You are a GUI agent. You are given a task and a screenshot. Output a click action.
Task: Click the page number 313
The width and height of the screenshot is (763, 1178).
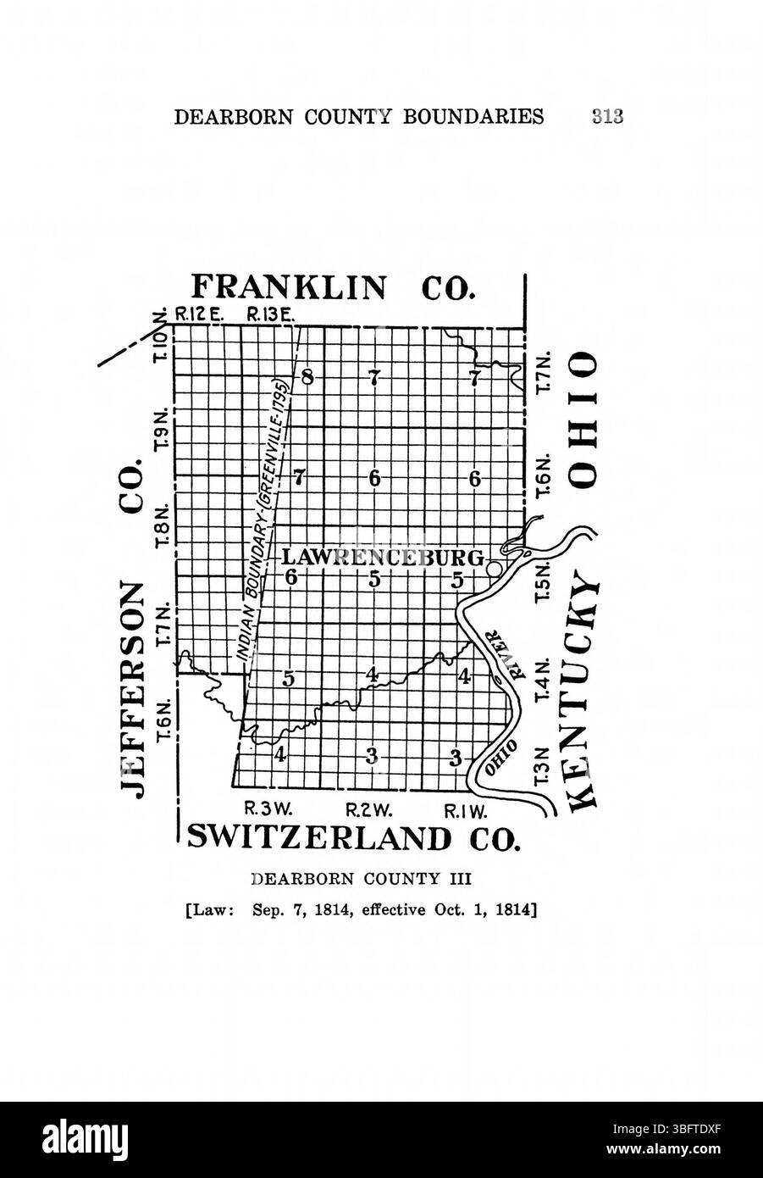[608, 116]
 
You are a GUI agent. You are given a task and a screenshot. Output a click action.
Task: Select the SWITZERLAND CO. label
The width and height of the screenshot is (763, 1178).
[351, 837]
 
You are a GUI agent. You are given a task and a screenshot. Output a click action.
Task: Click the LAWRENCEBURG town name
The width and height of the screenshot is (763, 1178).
[382, 558]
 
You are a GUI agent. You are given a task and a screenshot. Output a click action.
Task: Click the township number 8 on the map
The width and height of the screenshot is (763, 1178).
[307, 377]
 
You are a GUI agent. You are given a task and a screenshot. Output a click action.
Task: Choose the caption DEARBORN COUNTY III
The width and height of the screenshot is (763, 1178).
[355, 880]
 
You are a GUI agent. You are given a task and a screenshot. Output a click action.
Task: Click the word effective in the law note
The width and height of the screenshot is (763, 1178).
[396, 912]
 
